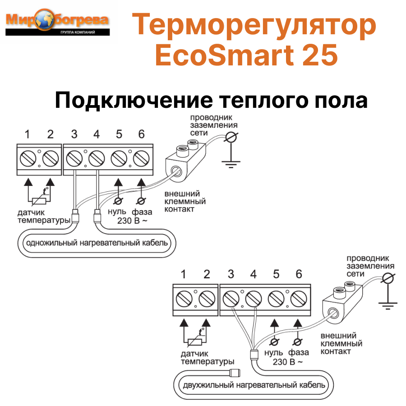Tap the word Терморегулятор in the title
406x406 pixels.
254,25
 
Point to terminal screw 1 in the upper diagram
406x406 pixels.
28,158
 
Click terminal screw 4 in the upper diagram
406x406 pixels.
97,158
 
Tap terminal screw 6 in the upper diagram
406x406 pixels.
142,158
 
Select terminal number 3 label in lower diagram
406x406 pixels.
231,274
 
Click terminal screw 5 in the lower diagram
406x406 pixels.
276,298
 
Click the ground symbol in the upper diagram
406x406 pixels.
231,165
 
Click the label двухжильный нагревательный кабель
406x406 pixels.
254,386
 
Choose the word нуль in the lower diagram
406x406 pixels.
274,352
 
